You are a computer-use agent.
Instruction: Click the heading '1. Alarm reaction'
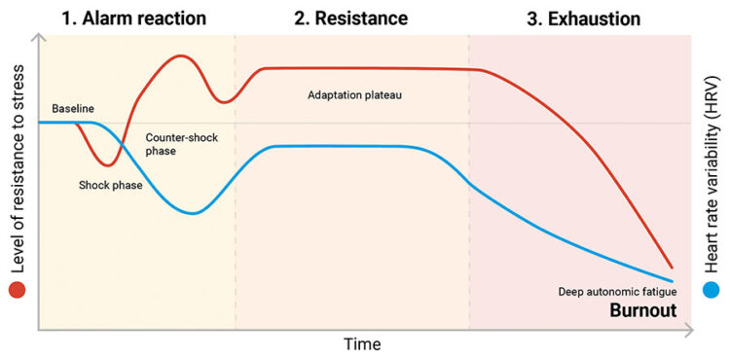coord(134,18)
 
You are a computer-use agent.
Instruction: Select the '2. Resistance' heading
coord(350,18)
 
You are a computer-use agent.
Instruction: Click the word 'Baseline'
coord(73,108)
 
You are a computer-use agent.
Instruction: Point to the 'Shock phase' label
coord(111,184)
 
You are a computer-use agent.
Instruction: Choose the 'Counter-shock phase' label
coord(181,145)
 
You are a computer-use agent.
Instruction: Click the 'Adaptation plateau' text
coord(354,95)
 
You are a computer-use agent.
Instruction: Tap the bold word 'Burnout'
coord(642,311)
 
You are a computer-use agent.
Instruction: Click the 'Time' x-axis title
coord(361,344)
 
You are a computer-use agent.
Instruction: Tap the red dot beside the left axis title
coord(17,290)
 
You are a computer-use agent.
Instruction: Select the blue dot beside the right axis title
coord(712,290)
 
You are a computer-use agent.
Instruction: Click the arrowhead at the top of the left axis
coord(39,38)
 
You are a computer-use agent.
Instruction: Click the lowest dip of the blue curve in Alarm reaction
coord(195,213)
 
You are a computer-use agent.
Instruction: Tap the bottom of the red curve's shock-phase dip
coord(110,164)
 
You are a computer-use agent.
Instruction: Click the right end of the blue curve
coord(672,282)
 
